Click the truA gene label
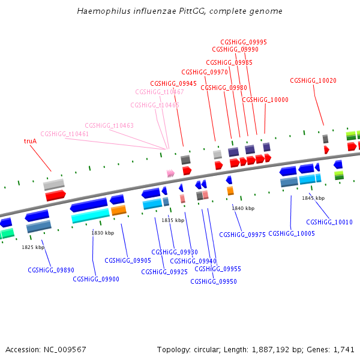[30, 141]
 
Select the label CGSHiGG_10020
[313, 80]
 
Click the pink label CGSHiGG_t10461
[65, 134]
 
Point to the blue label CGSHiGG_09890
[51, 270]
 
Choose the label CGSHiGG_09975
[242, 235]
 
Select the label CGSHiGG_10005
[292, 233]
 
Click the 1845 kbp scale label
[313, 198]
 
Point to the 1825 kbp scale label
[33, 247]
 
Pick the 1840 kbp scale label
[243, 208]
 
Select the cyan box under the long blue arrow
[91, 215]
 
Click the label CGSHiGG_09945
[173, 83]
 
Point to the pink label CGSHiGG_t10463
[109, 125]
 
